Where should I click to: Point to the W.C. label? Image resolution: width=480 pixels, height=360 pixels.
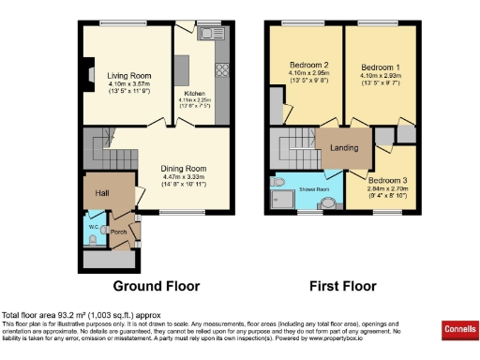coord(94,227)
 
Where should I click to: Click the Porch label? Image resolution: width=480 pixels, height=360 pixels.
coord(119,232)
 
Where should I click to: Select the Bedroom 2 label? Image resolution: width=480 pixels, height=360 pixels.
coord(305,67)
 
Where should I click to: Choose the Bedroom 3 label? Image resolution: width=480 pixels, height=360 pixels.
coord(387,179)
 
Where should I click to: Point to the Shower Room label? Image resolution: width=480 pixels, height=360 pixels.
coord(314,189)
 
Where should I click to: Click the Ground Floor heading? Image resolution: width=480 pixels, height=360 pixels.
coord(157,285)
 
